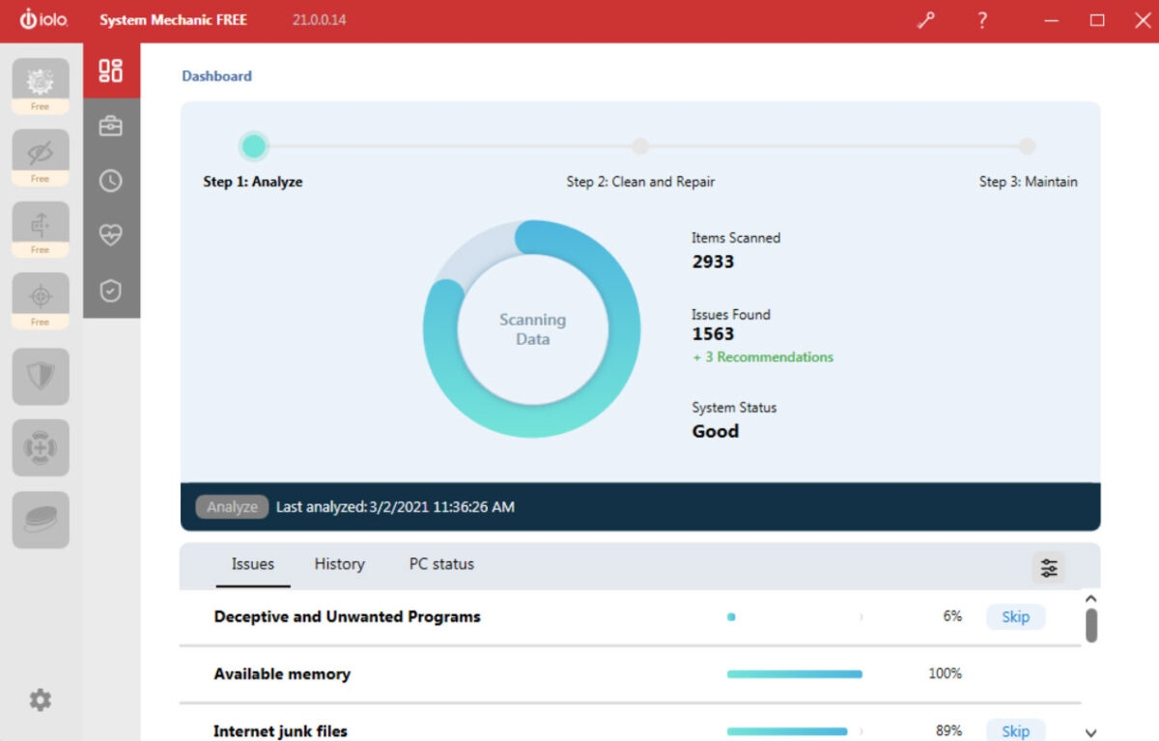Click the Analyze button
pos(232,507)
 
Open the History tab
pos(339,564)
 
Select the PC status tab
pos(441,564)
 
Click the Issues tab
pos(252,564)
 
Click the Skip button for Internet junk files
pos(1015,730)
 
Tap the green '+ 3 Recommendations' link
pos(763,357)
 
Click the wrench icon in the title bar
pos(926,20)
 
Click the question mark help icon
pos(982,20)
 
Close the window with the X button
pos(1143,20)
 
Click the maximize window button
pos(1097,20)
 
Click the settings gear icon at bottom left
pos(40,700)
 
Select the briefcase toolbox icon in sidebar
pos(111,126)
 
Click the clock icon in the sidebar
pos(111,181)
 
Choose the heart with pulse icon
pos(111,235)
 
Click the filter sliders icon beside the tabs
pos(1049,568)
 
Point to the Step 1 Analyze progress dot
pos(253,147)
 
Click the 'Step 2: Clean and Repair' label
pos(640,182)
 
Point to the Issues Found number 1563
pos(713,334)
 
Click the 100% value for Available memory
pos(945,673)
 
